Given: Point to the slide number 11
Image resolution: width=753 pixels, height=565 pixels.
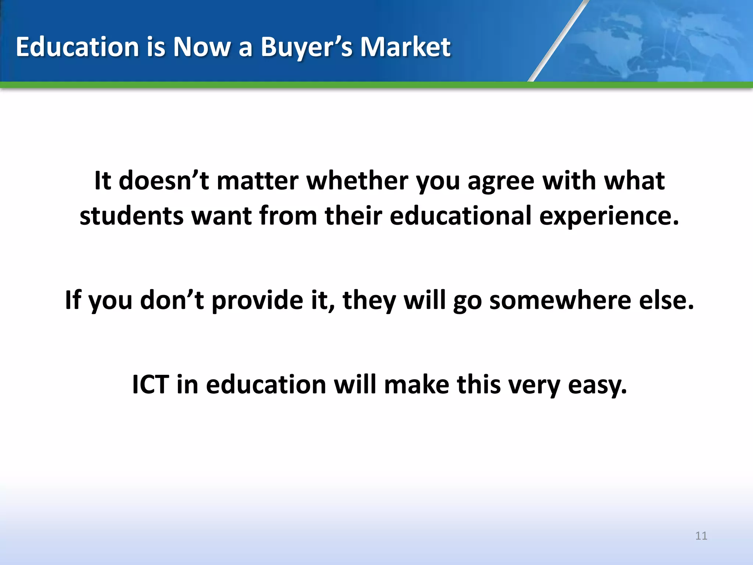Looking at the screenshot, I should [x=701, y=536].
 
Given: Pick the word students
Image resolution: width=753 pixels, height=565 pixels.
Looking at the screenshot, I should [x=131, y=216].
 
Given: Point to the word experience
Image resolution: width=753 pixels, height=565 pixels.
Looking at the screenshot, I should [x=609, y=216].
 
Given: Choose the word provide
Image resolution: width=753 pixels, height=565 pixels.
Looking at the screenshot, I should [x=257, y=300].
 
